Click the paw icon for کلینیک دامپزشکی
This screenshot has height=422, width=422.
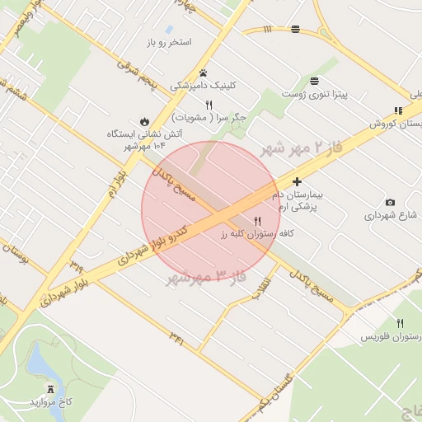click(203, 73)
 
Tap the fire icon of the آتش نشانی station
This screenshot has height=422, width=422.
click(144, 120)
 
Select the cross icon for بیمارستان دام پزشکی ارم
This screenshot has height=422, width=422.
click(297, 181)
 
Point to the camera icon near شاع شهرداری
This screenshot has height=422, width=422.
click(390, 203)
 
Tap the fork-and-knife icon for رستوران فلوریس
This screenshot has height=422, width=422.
click(401, 324)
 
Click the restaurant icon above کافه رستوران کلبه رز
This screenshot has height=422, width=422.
click(258, 221)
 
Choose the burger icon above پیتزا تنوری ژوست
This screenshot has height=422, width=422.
click(314, 81)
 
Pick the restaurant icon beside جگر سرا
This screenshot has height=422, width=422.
click(209, 105)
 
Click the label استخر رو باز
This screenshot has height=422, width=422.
click(168, 41)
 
